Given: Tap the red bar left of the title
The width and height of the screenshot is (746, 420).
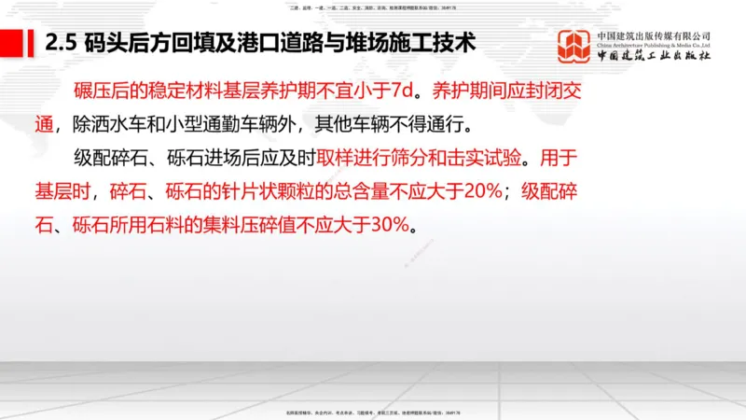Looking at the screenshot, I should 12,43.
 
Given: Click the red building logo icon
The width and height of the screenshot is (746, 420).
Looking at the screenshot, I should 573,49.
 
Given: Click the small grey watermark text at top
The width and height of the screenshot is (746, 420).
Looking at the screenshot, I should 372,7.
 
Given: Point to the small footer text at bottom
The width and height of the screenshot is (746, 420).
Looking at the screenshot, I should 372,412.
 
